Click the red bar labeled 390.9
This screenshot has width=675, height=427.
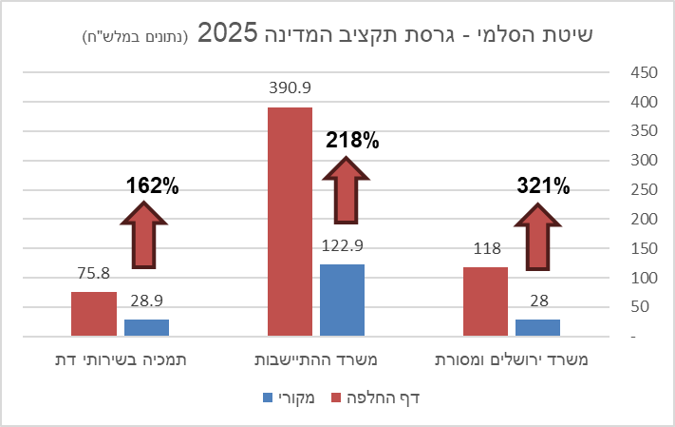click(290, 222)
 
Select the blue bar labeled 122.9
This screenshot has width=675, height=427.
click(342, 301)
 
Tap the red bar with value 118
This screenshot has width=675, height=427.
click(485, 301)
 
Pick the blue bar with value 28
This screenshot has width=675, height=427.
click(537, 328)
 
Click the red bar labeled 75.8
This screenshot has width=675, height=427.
click(94, 314)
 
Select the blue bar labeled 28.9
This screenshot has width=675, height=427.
click(146, 328)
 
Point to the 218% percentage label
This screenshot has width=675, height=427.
click(352, 141)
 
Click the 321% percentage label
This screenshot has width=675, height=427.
click(543, 186)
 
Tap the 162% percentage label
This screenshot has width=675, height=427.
click(153, 186)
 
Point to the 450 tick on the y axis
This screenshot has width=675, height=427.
click(644, 73)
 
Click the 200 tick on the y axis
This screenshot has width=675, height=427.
click(644, 220)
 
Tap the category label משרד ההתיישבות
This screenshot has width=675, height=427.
click(314, 360)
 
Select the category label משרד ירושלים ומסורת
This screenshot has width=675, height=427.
click(511, 360)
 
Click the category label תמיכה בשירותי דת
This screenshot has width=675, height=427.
click(120, 360)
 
